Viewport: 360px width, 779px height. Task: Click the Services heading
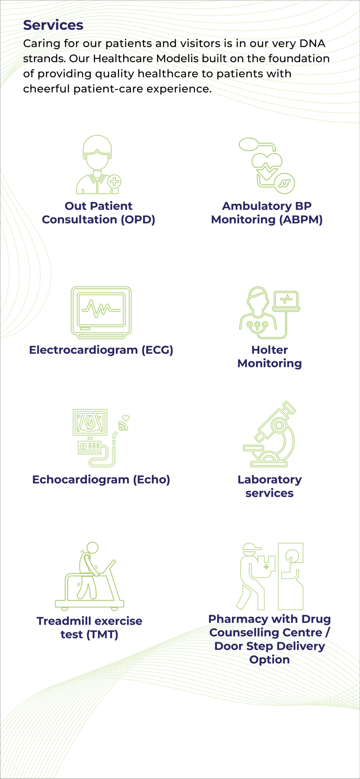[x=53, y=25]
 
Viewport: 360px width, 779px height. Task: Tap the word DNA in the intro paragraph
[x=312, y=44]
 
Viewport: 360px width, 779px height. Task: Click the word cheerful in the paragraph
[x=47, y=89]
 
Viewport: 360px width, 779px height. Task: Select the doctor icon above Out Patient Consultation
[x=99, y=164]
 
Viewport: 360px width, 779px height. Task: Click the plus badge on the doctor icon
[x=114, y=182]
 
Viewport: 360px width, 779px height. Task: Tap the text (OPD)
[x=138, y=219]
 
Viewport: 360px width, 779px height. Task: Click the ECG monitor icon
[x=101, y=313]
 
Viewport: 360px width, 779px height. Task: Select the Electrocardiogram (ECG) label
[x=101, y=350]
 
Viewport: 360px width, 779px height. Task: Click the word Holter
[x=270, y=350]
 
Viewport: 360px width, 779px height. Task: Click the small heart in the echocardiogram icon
[x=126, y=418]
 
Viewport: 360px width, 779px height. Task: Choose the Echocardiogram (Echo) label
[x=101, y=480]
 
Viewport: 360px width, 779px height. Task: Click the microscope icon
[x=269, y=434]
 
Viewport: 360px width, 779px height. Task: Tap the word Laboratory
[x=270, y=480]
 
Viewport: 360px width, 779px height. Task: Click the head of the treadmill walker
[x=93, y=547]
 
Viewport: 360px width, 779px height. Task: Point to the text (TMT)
[x=102, y=634]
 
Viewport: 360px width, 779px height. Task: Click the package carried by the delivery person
[x=267, y=566]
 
